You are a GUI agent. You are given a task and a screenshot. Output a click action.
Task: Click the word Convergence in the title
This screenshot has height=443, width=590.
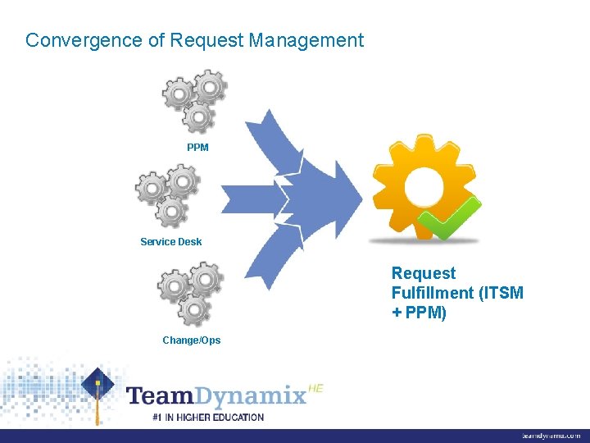[x=72, y=40]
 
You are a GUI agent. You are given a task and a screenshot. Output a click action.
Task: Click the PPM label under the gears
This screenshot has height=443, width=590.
[x=197, y=148]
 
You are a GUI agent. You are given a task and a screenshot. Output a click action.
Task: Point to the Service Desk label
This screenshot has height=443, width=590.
[x=171, y=242]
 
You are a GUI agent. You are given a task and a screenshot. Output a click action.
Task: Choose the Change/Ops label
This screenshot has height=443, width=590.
[x=191, y=340]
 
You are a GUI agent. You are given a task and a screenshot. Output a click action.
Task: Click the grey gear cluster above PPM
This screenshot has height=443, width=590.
[x=195, y=101]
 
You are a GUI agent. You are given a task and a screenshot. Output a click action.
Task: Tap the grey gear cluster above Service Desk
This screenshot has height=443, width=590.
[x=168, y=195]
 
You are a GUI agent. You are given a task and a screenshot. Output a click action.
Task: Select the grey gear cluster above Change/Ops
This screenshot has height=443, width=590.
[x=190, y=293]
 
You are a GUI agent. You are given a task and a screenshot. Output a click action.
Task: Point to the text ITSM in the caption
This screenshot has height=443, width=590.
[x=501, y=293]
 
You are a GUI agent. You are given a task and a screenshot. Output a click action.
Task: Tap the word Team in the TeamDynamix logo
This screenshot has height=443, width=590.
[x=161, y=396]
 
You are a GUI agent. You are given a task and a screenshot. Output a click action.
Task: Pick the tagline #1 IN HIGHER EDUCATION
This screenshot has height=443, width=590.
[x=208, y=418]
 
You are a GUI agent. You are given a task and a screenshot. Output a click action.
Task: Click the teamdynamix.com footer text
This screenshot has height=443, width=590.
[x=551, y=436]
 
